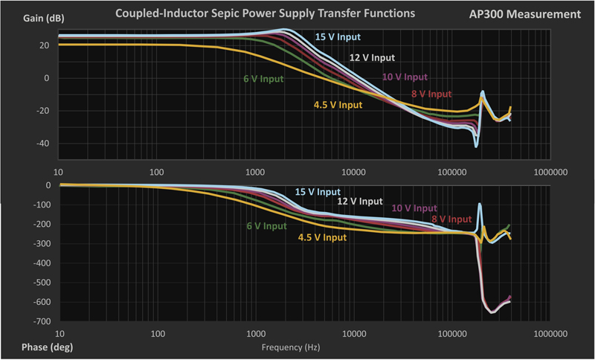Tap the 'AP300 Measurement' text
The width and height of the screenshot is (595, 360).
click(x=530, y=14)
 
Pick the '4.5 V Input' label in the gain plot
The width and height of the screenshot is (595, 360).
click(x=338, y=105)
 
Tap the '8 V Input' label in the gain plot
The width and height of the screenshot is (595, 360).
click(x=431, y=94)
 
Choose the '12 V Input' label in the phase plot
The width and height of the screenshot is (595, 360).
click(x=360, y=201)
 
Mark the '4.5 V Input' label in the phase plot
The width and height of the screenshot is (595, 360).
click(x=322, y=237)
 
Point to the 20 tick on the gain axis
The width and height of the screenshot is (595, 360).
click(x=44, y=45)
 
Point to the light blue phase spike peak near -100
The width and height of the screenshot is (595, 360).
click(x=480, y=205)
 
